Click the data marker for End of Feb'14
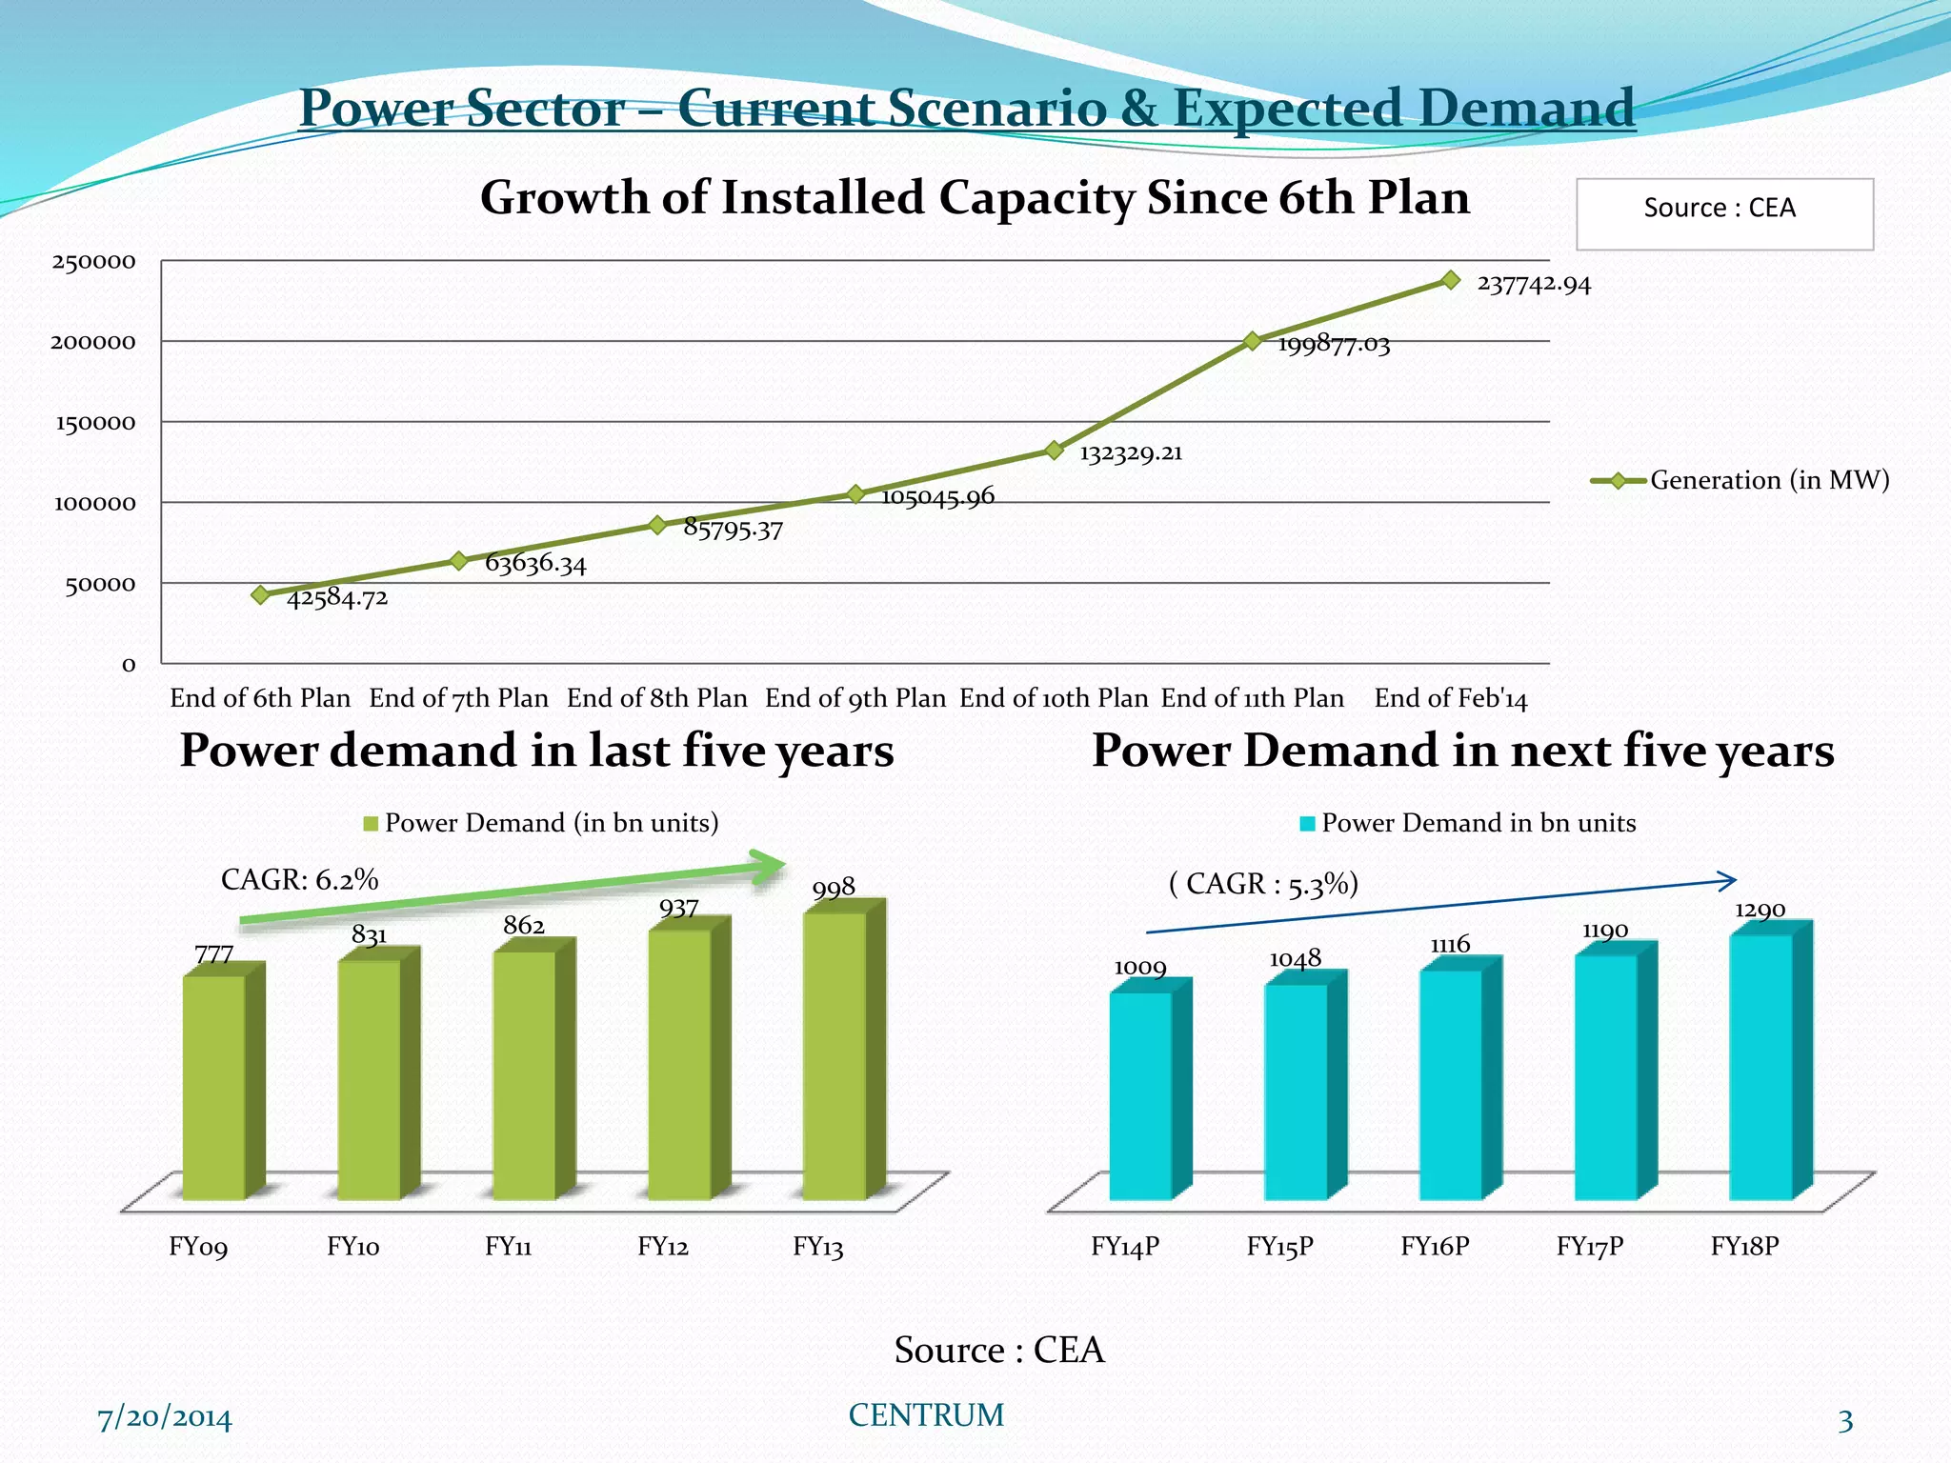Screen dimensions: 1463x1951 (1451, 280)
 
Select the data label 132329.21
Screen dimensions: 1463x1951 (1131, 453)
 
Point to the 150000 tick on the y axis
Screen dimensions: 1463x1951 (95, 423)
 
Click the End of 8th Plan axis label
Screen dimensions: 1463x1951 (656, 698)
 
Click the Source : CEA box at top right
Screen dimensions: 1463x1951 (1723, 213)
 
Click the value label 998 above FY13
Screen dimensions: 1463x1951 (834, 889)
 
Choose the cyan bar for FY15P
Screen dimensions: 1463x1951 (1297, 1091)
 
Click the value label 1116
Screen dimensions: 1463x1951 (1450, 944)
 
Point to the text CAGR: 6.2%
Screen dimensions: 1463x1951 (299, 879)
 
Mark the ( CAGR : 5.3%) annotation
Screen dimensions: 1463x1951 (1263, 884)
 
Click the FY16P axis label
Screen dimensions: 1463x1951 (1435, 1246)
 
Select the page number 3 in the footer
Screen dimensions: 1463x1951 (1845, 1421)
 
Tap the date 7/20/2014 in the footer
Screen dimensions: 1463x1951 (165, 1418)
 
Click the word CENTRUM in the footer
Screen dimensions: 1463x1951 (926, 1415)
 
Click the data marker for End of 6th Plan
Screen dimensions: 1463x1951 (260, 595)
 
